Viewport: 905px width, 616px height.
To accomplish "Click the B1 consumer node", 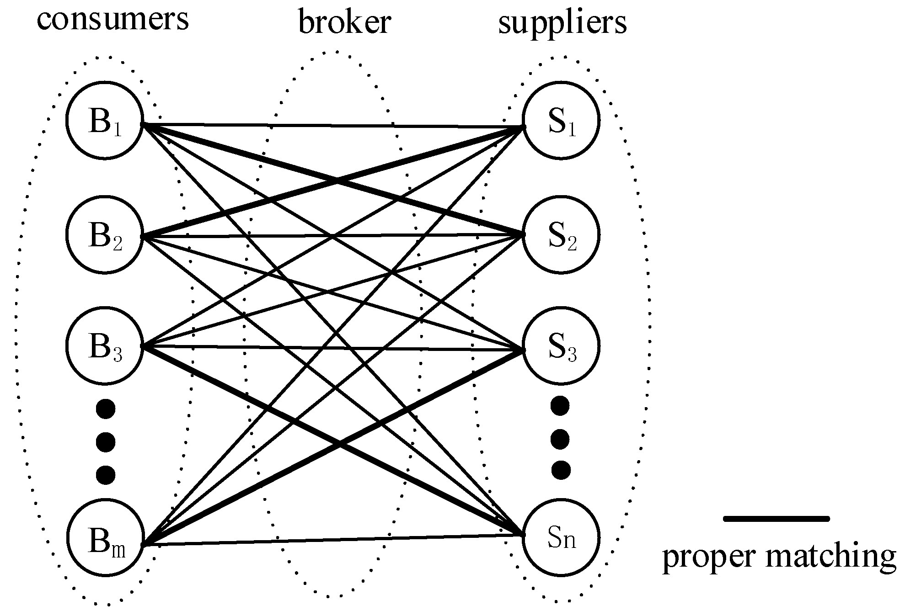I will [x=105, y=121].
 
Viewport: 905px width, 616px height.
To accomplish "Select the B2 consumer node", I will [x=105, y=235].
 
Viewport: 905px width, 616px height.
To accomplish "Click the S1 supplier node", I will [x=561, y=121].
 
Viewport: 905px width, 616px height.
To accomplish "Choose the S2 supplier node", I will [x=561, y=235].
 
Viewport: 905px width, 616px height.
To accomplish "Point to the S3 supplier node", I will [x=561, y=347].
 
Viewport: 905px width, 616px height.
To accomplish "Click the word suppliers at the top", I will [x=562, y=23].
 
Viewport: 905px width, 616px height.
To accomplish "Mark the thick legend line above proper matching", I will [x=776, y=518].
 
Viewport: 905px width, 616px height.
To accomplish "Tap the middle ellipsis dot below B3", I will [x=106, y=441].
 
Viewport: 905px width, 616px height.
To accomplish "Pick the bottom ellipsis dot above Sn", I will [x=561, y=470].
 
